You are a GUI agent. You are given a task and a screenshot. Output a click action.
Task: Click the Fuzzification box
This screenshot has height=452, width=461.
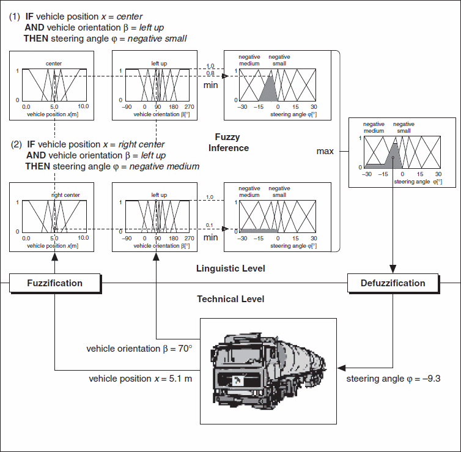click(54, 283)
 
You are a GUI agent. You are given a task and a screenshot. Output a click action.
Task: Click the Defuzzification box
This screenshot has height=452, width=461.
click(393, 283)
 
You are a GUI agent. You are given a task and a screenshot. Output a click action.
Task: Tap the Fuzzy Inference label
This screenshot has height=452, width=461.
click(229, 143)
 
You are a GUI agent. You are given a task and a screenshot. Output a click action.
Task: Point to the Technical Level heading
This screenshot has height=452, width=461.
click(230, 299)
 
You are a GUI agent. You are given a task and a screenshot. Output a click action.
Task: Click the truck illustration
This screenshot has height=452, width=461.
click(268, 371)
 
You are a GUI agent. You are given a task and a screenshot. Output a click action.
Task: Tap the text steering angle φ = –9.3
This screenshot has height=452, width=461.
click(393, 379)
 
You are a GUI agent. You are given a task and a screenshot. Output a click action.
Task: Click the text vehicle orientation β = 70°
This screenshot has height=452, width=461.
click(139, 349)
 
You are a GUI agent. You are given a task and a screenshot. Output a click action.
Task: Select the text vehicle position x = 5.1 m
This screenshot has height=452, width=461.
click(141, 379)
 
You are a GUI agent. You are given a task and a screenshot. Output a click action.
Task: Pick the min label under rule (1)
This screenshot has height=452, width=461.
click(210, 85)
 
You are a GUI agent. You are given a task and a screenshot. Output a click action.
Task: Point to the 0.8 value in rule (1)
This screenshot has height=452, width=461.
click(210, 73)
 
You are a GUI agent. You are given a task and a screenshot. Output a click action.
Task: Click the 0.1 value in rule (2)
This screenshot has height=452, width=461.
click(210, 226)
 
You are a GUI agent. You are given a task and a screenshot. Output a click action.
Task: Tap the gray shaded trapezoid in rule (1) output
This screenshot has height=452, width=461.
click(270, 91)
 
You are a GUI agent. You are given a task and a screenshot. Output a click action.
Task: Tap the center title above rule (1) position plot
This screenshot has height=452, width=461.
click(54, 63)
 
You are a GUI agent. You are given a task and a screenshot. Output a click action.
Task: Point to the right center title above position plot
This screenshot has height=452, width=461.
click(65, 196)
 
